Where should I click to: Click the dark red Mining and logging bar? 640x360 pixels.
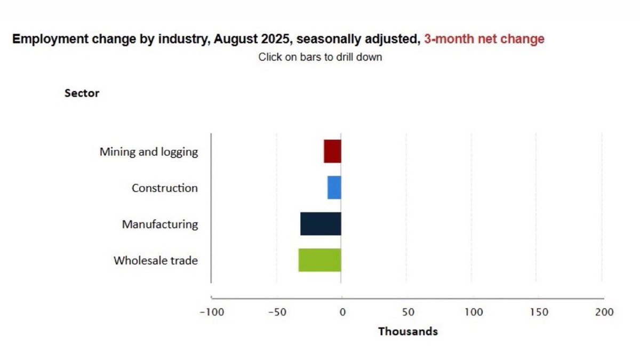click(332, 151)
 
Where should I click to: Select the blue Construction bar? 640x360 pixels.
click(334, 188)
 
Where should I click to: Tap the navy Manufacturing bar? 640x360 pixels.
click(321, 224)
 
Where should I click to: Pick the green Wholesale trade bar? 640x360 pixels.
click(319, 260)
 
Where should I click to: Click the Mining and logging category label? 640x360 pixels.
click(149, 152)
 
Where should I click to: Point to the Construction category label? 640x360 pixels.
click(165, 188)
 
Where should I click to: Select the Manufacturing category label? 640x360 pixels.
click(160, 225)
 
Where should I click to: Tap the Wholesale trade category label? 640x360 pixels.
click(156, 261)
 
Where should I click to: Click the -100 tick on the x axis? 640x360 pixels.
click(211, 312)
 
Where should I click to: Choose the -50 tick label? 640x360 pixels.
click(277, 312)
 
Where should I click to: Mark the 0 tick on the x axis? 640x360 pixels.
click(342, 312)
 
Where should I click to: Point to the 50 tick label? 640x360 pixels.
click(407, 312)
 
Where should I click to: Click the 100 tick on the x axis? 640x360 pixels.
click(473, 312)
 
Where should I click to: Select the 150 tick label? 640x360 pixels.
click(539, 312)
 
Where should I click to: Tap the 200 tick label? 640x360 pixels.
click(604, 312)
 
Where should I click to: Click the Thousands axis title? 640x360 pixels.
click(407, 332)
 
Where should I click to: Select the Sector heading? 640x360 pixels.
click(82, 93)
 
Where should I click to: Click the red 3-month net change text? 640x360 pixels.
click(484, 39)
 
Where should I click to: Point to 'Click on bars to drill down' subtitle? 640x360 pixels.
click(320, 57)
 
